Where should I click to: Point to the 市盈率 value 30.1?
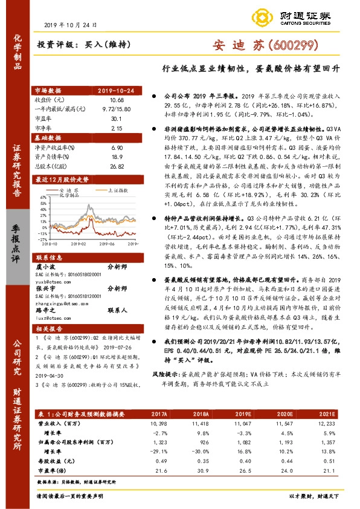[x=117, y=119]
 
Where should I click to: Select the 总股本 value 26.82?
[x=117, y=166]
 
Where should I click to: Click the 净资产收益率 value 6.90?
[x=117, y=148]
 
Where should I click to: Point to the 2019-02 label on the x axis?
[x=80, y=244]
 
